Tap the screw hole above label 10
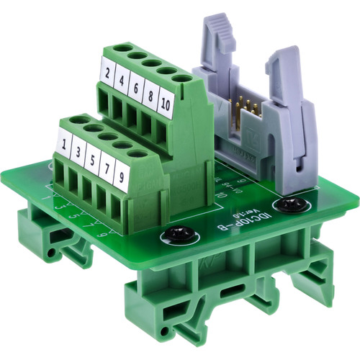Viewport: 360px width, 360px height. pos(183,77)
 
